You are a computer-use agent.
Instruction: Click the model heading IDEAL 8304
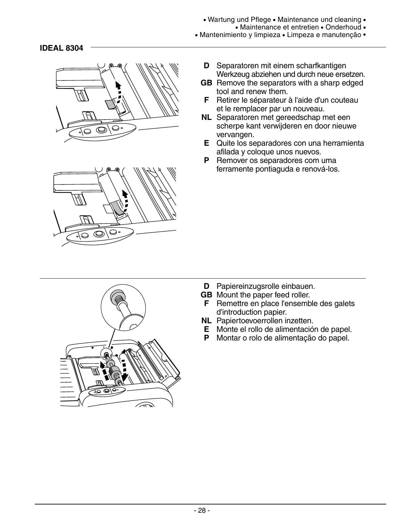pyautogui.click(x=61, y=48)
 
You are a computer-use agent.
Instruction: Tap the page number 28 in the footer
pyautogui.click(x=202, y=510)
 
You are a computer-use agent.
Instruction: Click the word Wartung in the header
pyautogui.click(x=219, y=20)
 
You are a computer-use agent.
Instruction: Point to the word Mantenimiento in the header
pyautogui.click(x=223, y=35)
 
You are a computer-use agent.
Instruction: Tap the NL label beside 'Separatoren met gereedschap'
pyautogui.click(x=206, y=117)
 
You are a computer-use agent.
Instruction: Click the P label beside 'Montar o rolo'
pyautogui.click(x=206, y=338)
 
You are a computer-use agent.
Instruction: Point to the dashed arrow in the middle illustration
pyautogui.click(x=126, y=200)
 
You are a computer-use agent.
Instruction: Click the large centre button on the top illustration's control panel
pyautogui.click(x=101, y=130)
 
